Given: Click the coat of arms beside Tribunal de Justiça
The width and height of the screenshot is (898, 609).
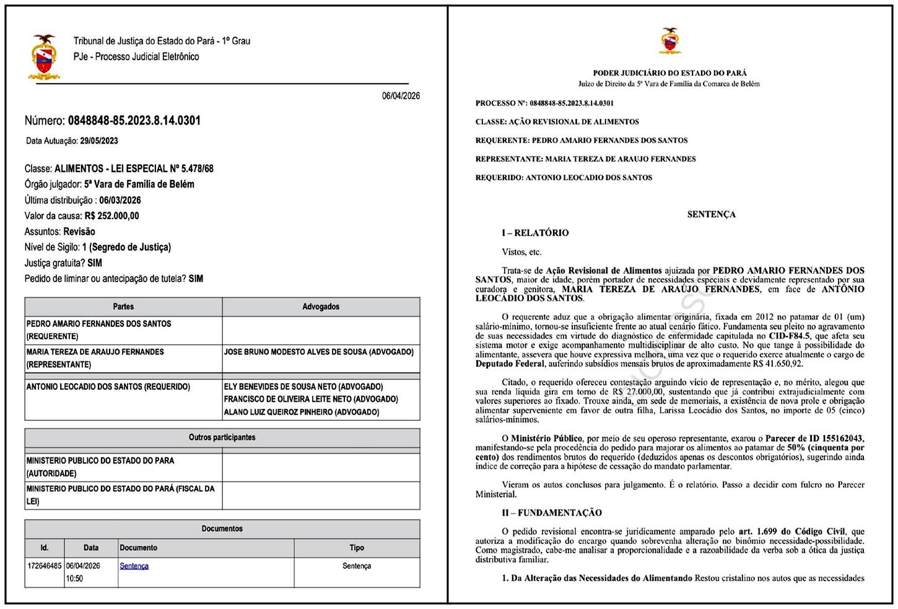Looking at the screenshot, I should (x=43, y=57).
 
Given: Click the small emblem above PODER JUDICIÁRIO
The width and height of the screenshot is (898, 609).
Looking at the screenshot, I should (x=669, y=41).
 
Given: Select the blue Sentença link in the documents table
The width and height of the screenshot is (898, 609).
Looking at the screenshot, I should (x=134, y=566).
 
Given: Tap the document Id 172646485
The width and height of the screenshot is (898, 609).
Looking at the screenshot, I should (x=45, y=566).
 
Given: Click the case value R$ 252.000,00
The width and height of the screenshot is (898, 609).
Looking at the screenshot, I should (x=111, y=216).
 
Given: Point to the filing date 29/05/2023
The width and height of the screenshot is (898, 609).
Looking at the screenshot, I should (x=98, y=141).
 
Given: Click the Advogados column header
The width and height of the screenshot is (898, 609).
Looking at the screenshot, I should (x=321, y=307).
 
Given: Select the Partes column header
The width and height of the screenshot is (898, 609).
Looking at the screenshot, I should (x=123, y=307).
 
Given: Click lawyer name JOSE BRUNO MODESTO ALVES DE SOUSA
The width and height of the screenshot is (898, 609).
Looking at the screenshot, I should (x=318, y=352).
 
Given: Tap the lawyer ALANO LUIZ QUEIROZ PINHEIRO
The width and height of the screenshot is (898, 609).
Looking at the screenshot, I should (x=302, y=412).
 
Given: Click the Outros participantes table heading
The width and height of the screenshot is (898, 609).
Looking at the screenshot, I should (x=222, y=438).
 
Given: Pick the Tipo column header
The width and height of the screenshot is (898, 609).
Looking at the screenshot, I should (x=357, y=548).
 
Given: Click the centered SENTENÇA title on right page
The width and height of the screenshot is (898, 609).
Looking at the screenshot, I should (x=711, y=214).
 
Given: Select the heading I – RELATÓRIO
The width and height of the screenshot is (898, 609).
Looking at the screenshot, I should (x=535, y=233).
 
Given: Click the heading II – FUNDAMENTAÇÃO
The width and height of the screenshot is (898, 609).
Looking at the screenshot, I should (x=552, y=512).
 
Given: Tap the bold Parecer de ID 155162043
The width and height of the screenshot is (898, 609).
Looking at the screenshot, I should (x=814, y=438).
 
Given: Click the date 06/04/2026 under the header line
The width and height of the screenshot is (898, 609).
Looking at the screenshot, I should (x=401, y=96).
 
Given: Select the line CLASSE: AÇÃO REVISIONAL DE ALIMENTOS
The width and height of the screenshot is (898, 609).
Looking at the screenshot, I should (x=557, y=122).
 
